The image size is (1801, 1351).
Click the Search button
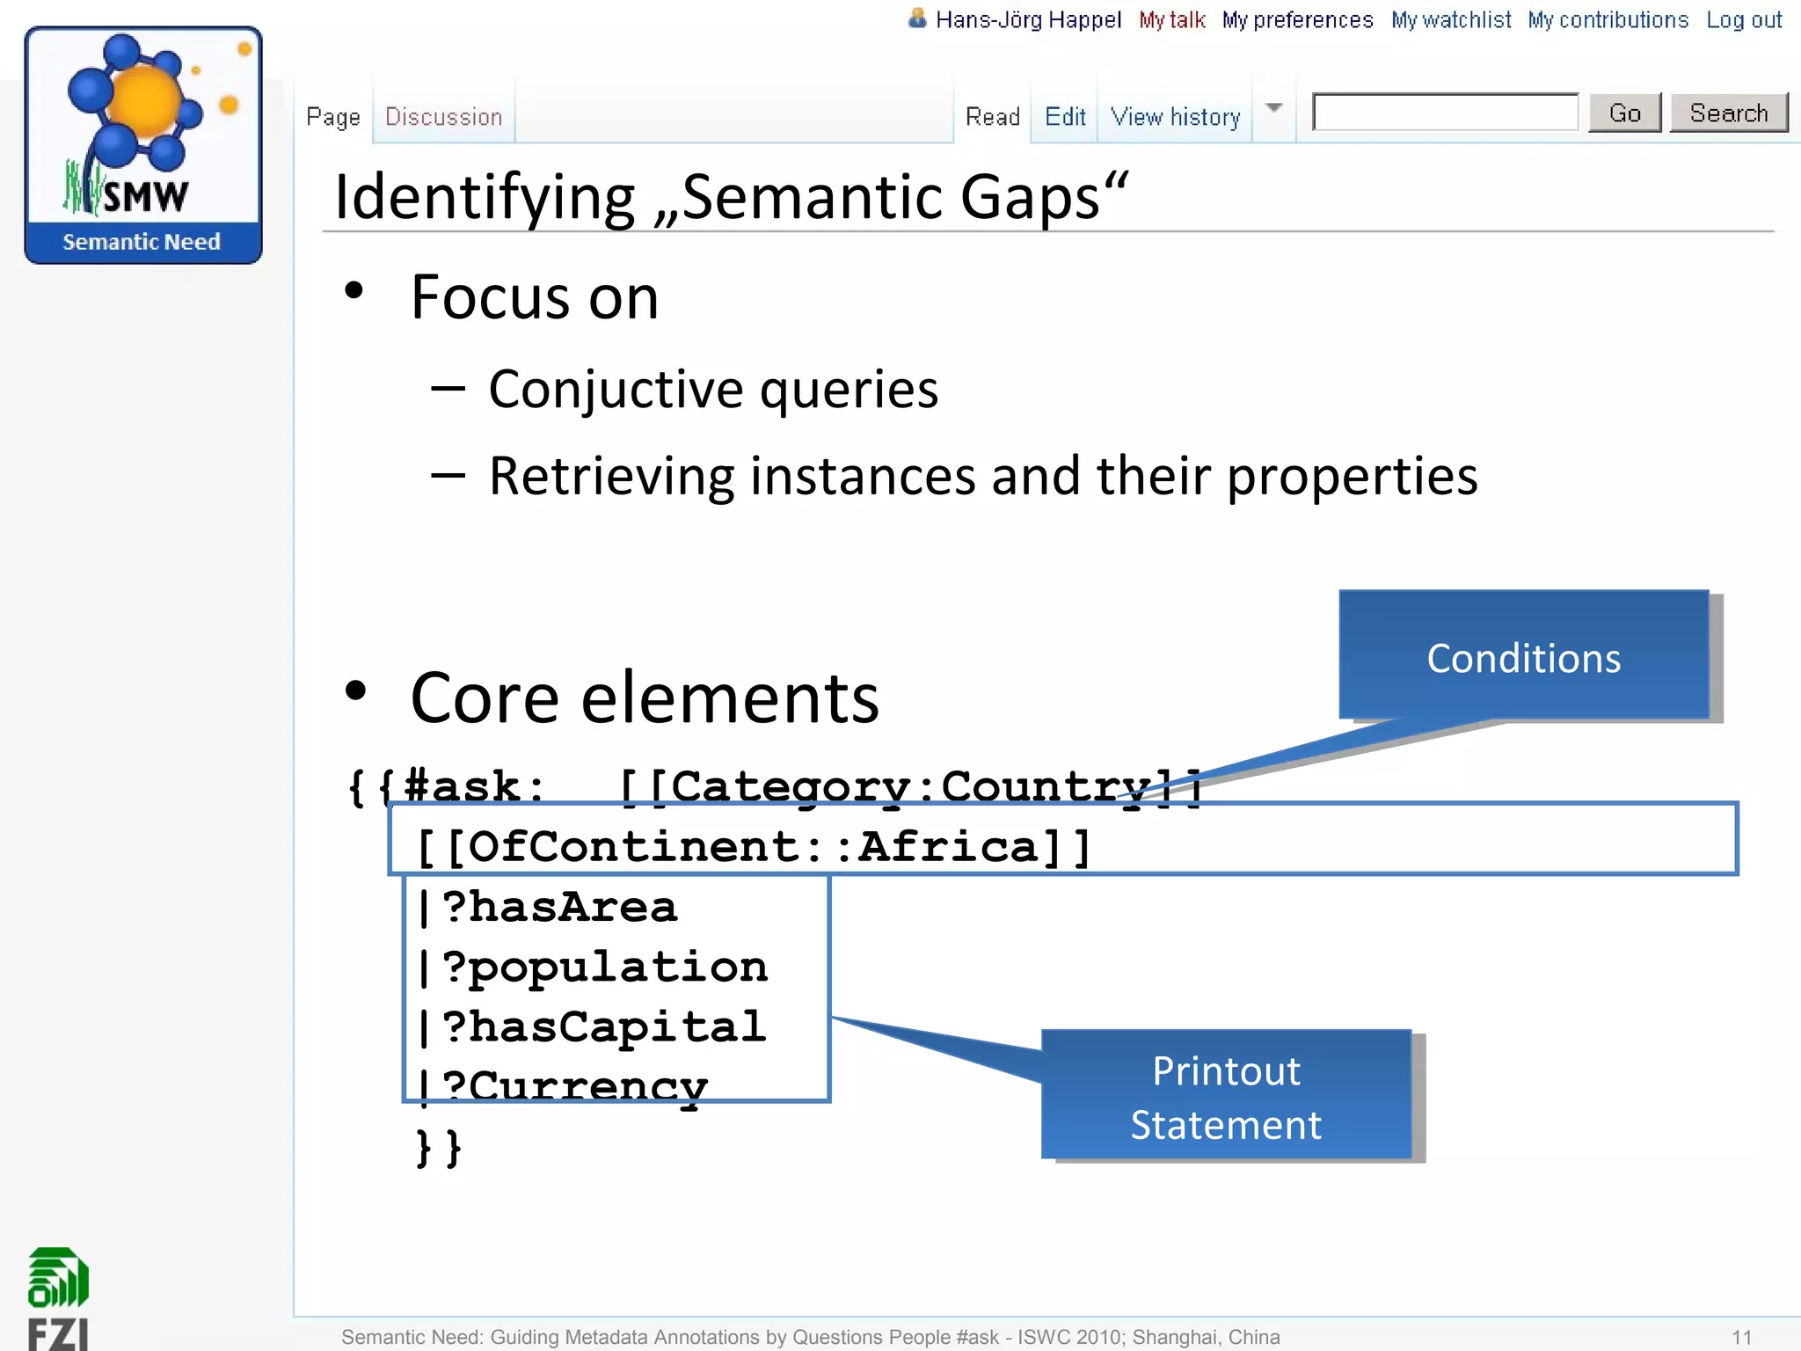(1728, 113)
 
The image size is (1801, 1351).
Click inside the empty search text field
(1445, 113)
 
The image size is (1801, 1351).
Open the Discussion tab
(443, 117)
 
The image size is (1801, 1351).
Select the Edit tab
(1065, 117)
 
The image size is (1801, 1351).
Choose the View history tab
(1175, 117)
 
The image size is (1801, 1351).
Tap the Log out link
(1744, 20)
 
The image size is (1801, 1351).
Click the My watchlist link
(1451, 20)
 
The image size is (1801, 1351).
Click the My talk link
(1171, 20)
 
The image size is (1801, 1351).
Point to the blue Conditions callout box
(1523, 656)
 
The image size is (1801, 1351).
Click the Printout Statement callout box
(1226, 1096)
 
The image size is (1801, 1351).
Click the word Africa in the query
(948, 846)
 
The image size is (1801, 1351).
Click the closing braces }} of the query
(438, 1147)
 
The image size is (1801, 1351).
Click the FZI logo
(58, 1298)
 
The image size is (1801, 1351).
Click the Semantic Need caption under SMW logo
(142, 242)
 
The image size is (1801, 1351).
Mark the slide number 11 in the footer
(1741, 1337)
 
